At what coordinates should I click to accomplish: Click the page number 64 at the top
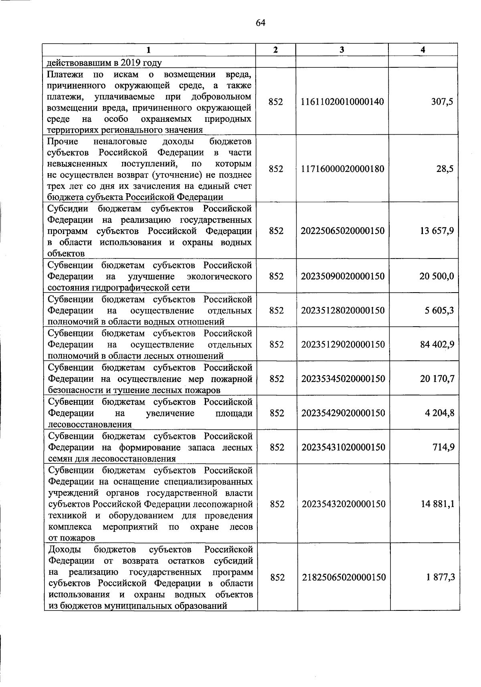[x=261, y=23]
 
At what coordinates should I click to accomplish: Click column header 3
[x=342, y=50]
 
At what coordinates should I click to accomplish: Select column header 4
[x=423, y=50]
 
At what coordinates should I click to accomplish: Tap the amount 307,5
[x=442, y=102]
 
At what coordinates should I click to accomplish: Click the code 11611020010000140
[x=342, y=102]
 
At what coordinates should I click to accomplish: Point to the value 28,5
[x=445, y=169]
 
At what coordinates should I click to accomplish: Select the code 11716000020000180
[x=342, y=169]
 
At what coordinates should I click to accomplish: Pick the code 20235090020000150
[x=343, y=277]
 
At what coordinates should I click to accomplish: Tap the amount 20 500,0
[x=437, y=277]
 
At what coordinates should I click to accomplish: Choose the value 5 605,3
[x=439, y=311]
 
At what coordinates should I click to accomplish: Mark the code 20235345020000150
[x=343, y=379]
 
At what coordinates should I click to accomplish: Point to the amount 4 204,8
[x=440, y=413]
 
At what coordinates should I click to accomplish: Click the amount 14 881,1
[x=437, y=504]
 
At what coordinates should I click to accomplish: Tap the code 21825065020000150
[x=344, y=578]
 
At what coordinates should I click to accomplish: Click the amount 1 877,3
[x=440, y=578]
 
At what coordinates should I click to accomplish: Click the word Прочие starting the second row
[x=63, y=141]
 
